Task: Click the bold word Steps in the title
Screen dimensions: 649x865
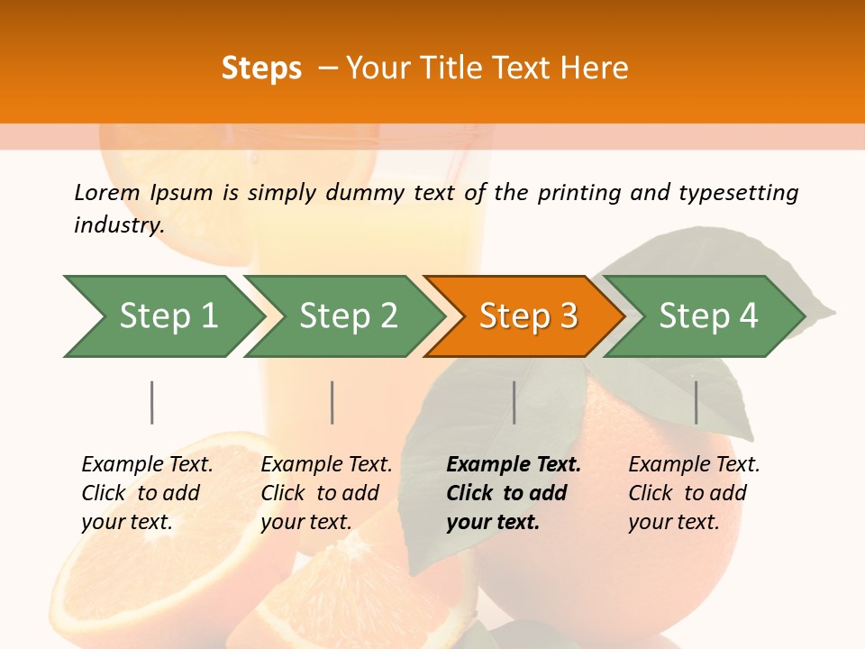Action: pyautogui.click(x=261, y=69)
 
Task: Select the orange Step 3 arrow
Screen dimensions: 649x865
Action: pyautogui.click(x=527, y=316)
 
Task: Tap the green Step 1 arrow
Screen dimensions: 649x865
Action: pyautogui.click(x=168, y=316)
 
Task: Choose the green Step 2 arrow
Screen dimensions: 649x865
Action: pyautogui.click(x=348, y=316)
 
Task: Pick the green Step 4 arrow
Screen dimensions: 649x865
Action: pyautogui.click(x=707, y=316)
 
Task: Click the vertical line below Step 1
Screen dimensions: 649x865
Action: pyautogui.click(x=152, y=402)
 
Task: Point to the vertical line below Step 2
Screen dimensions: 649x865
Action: pyautogui.click(x=332, y=402)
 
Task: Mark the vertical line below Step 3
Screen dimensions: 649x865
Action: pyautogui.click(x=514, y=402)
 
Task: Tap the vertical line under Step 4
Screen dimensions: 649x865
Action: pyautogui.click(x=696, y=402)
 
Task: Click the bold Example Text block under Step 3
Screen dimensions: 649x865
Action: pyautogui.click(x=514, y=493)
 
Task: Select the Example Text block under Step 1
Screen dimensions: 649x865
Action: pyautogui.click(x=147, y=493)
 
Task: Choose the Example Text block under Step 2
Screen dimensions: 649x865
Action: pyautogui.click(x=326, y=493)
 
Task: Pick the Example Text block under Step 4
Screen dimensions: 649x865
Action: pyautogui.click(x=694, y=493)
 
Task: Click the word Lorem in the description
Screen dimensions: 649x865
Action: pyautogui.click(x=107, y=192)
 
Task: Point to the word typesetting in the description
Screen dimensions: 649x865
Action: pyautogui.click(x=738, y=192)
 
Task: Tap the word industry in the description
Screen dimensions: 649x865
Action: pyautogui.click(x=119, y=224)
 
